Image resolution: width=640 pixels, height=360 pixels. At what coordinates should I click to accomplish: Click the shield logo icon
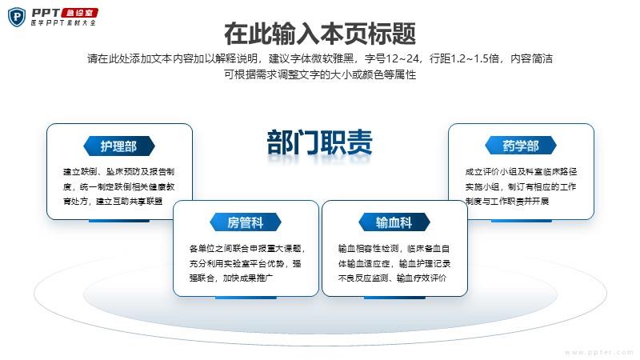(17, 17)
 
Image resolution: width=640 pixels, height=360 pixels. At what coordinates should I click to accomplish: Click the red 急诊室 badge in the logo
(79, 13)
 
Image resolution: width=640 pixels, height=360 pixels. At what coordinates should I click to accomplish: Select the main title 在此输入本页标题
(320, 34)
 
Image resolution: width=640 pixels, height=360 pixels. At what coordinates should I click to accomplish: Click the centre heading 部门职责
(319, 142)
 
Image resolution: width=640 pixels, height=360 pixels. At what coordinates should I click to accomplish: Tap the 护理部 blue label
(118, 146)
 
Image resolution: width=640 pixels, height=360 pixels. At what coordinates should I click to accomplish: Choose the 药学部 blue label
(521, 146)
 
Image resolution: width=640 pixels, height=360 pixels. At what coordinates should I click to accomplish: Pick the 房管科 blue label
(246, 223)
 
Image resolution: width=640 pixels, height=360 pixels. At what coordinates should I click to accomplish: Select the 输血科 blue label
(394, 223)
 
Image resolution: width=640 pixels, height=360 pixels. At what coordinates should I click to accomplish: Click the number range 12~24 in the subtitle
(403, 58)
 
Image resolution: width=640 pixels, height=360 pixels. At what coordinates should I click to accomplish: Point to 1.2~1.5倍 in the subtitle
(474, 58)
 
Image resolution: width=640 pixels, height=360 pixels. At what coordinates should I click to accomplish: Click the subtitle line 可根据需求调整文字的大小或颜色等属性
(320, 74)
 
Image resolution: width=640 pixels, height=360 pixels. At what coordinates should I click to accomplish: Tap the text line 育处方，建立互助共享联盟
(113, 202)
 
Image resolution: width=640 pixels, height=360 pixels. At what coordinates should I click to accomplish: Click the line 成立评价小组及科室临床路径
(521, 172)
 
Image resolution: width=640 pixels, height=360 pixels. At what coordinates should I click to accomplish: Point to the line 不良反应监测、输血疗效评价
(392, 278)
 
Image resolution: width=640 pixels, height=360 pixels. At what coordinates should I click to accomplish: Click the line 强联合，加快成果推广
(231, 278)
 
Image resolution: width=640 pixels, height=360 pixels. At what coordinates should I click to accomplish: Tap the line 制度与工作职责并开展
(507, 202)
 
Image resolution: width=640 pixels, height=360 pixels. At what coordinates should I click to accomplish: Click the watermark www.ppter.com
(598, 352)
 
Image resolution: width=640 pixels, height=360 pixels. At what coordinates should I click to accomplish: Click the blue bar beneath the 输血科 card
(394, 298)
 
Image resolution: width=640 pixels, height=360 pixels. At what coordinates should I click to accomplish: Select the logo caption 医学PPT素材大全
(63, 23)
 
